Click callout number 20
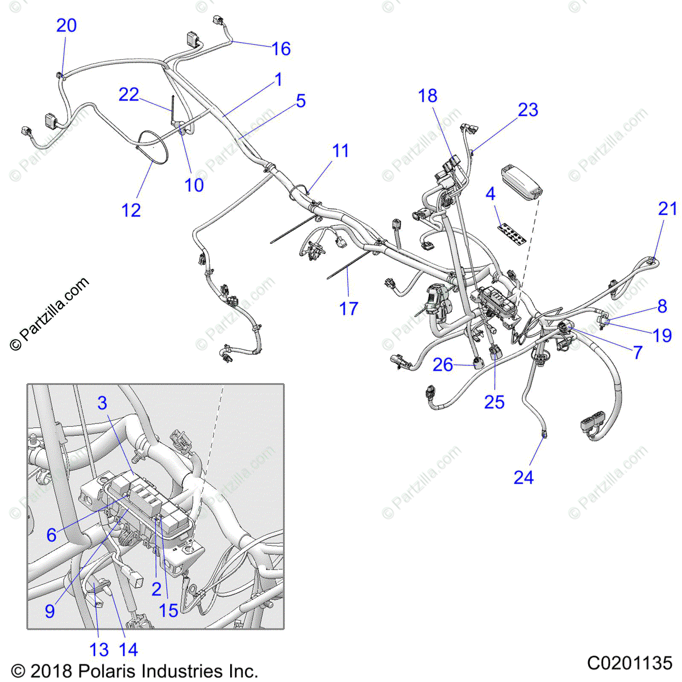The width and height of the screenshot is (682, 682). pyautogui.click(x=66, y=26)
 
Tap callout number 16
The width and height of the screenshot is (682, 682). pyautogui.click(x=281, y=49)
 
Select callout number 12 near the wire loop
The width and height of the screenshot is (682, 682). pyautogui.click(x=131, y=210)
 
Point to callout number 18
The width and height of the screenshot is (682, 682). pyautogui.click(x=427, y=96)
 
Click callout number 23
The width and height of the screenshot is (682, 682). pyautogui.click(x=528, y=110)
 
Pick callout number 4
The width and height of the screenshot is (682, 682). pyautogui.click(x=490, y=194)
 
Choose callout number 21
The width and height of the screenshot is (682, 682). pyautogui.click(x=668, y=209)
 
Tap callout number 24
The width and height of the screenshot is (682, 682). pyautogui.click(x=523, y=477)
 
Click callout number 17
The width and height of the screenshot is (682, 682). pyautogui.click(x=349, y=309)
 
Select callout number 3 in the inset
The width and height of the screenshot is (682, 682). pyautogui.click(x=102, y=403)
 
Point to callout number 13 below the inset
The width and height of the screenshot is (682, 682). pyautogui.click(x=99, y=649)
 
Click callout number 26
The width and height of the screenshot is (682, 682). pyautogui.click(x=443, y=365)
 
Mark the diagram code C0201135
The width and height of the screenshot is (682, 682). pyautogui.click(x=629, y=663)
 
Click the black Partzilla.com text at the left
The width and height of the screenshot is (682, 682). pyautogui.click(x=50, y=313)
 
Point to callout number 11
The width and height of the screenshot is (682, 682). pyautogui.click(x=340, y=151)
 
